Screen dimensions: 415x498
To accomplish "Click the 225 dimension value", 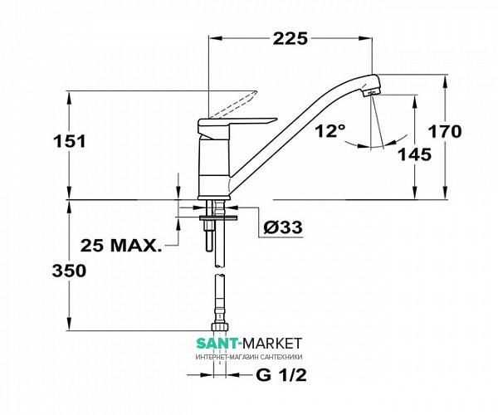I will pos(290,39).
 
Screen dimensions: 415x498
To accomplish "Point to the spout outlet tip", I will pos(372,93).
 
